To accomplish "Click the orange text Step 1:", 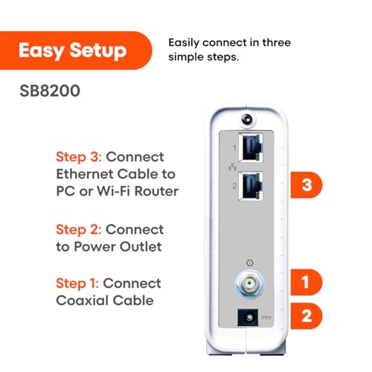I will [x=77, y=283].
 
